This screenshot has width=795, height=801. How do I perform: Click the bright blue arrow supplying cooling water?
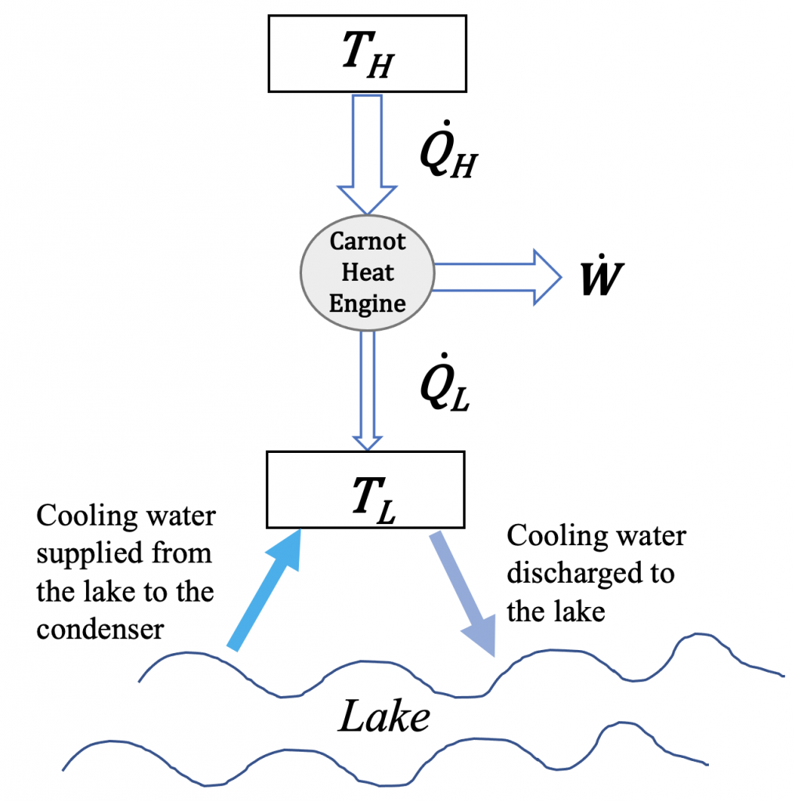coord(265,591)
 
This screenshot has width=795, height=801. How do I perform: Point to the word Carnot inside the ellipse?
coord(367,242)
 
